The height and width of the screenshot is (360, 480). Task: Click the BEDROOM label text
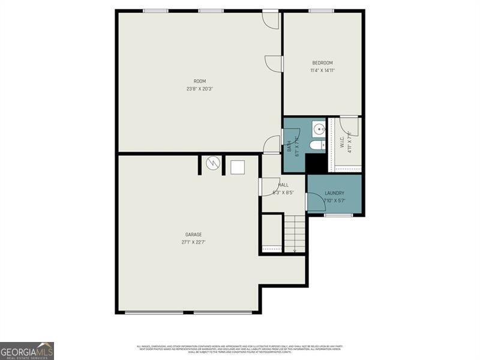pyautogui.click(x=322, y=63)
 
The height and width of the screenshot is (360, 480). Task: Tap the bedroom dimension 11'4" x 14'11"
pyautogui.click(x=322, y=71)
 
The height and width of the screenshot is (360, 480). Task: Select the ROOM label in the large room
pyautogui.click(x=199, y=81)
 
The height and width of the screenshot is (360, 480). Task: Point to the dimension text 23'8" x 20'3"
pyautogui.click(x=199, y=89)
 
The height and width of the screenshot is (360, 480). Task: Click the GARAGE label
pyautogui.click(x=193, y=235)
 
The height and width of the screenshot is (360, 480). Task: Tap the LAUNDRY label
pyautogui.click(x=334, y=193)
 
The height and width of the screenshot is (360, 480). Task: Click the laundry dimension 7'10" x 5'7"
pyautogui.click(x=334, y=201)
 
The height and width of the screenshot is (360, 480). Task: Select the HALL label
pyautogui.click(x=283, y=185)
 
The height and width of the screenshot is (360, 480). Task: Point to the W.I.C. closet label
pyautogui.click(x=341, y=142)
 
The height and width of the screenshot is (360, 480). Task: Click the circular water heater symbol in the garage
pyautogui.click(x=212, y=163)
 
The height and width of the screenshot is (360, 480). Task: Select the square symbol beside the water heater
pyautogui.click(x=238, y=166)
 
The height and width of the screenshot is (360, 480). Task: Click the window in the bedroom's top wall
pyautogui.click(x=322, y=10)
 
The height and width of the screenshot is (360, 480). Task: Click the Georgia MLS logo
pyautogui.click(x=27, y=350)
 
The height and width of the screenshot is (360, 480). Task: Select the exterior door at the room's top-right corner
pyautogui.click(x=271, y=19)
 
